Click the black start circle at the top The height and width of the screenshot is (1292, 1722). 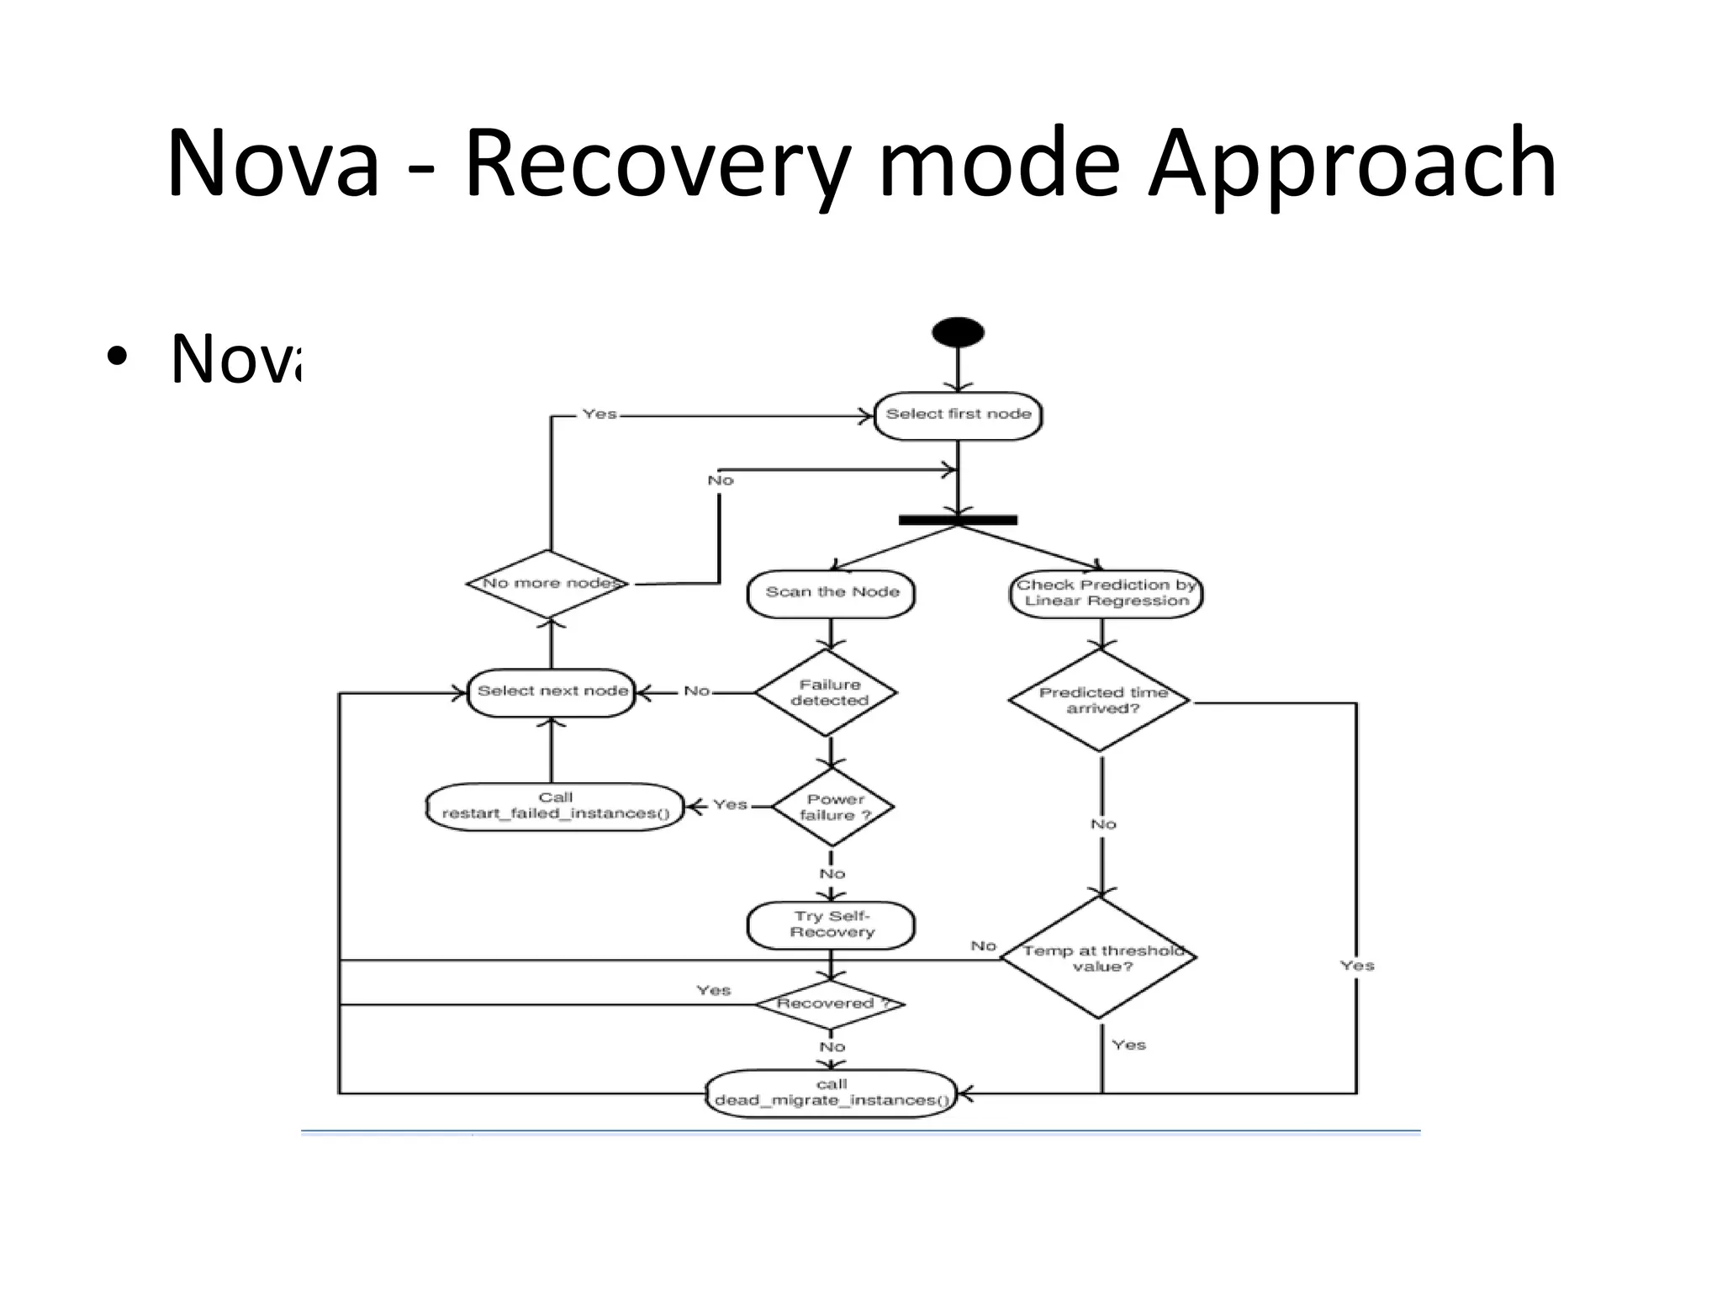[x=958, y=332]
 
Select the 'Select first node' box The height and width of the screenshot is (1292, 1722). [x=958, y=415]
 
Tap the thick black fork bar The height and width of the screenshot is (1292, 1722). [x=958, y=520]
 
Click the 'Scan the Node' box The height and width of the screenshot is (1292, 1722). [x=831, y=593]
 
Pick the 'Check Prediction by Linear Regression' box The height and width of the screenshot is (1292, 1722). [x=1106, y=593]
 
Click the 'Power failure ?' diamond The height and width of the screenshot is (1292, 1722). [x=832, y=807]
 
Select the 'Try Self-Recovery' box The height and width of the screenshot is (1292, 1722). [x=831, y=924]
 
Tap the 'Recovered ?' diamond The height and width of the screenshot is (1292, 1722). [x=830, y=1003]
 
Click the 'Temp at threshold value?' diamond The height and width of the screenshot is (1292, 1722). [x=1100, y=958]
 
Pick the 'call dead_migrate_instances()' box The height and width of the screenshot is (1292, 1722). [x=831, y=1093]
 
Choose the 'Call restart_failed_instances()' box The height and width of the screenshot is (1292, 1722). [x=555, y=806]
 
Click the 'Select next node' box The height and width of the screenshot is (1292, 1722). [x=552, y=692]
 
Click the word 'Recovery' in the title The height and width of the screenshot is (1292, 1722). [x=657, y=161]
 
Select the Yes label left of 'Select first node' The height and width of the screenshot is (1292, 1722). [x=599, y=414]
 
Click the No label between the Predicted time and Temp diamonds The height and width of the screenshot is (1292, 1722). [x=1102, y=824]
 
